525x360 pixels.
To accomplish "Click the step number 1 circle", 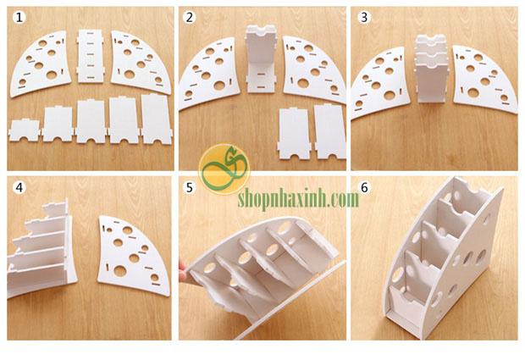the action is point(19,17).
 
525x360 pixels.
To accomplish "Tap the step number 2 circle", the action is point(190,17).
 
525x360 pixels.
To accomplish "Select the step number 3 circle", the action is point(364,17).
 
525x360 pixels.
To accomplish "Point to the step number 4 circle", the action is point(19,187).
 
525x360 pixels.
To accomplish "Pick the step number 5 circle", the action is point(190,187).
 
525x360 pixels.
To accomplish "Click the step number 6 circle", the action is point(364,187).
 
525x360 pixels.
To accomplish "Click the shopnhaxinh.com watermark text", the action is point(298,199).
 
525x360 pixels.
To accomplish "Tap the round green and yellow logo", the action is point(224,169).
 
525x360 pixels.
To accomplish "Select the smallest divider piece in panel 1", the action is point(24,130).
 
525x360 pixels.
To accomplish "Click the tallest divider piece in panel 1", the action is point(157,119).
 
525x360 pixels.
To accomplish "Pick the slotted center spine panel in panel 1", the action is point(91,56).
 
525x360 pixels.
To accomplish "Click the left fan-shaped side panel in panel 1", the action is point(41,64).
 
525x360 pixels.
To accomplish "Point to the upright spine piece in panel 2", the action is point(261,58).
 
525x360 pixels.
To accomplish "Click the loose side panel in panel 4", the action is point(134,256).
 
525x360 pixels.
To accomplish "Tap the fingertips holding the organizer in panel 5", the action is point(183,270).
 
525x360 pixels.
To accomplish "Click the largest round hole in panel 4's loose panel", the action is point(119,270).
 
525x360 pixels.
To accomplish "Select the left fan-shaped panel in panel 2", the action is point(209,73).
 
